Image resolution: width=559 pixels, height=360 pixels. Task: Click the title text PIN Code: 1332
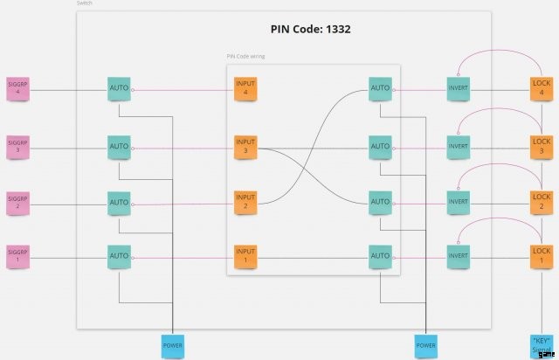[x=310, y=29]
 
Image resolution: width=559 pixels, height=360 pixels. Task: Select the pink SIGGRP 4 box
[x=18, y=88]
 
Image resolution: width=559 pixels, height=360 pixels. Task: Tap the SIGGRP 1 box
[x=18, y=256]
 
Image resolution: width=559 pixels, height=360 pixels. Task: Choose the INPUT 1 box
[x=246, y=256]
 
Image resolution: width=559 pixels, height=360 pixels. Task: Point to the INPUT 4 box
[x=246, y=88]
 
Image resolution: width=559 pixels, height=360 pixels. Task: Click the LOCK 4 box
[x=542, y=88]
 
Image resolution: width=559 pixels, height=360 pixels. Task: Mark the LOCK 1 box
[x=542, y=256]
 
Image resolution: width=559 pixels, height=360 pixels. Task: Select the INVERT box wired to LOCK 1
[x=459, y=256]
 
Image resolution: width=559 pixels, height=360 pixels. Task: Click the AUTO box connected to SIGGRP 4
[x=119, y=88]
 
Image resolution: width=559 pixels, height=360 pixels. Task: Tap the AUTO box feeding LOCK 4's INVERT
[x=380, y=88]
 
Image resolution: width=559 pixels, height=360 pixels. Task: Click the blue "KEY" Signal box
[x=542, y=344]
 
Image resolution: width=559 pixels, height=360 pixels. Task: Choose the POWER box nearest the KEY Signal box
[x=425, y=345]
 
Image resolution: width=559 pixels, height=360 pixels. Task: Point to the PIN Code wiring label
[x=245, y=57]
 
